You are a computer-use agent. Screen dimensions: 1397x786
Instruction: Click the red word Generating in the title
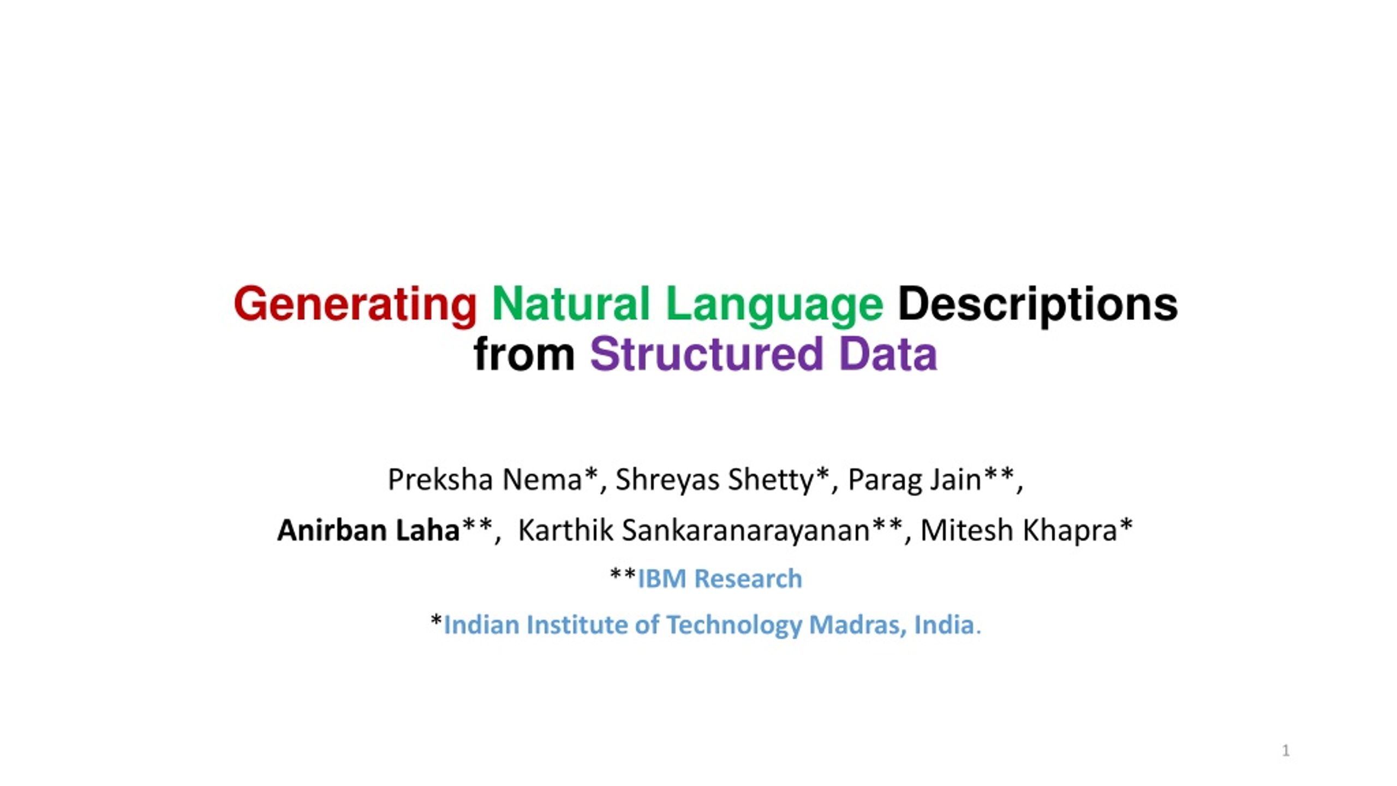tap(355, 306)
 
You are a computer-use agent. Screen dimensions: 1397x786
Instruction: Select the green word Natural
tap(571, 303)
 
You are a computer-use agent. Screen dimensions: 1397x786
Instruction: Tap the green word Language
tap(774, 306)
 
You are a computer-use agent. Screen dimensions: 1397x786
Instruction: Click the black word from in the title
tap(524, 353)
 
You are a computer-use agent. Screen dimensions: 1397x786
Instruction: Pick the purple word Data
tap(888, 353)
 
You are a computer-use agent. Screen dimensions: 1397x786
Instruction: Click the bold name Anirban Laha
tap(368, 530)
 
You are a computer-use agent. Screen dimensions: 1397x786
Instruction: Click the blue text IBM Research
tap(720, 579)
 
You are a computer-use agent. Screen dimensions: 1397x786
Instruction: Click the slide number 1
tap(1286, 751)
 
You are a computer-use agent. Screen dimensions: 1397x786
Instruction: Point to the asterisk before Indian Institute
tap(436, 620)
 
